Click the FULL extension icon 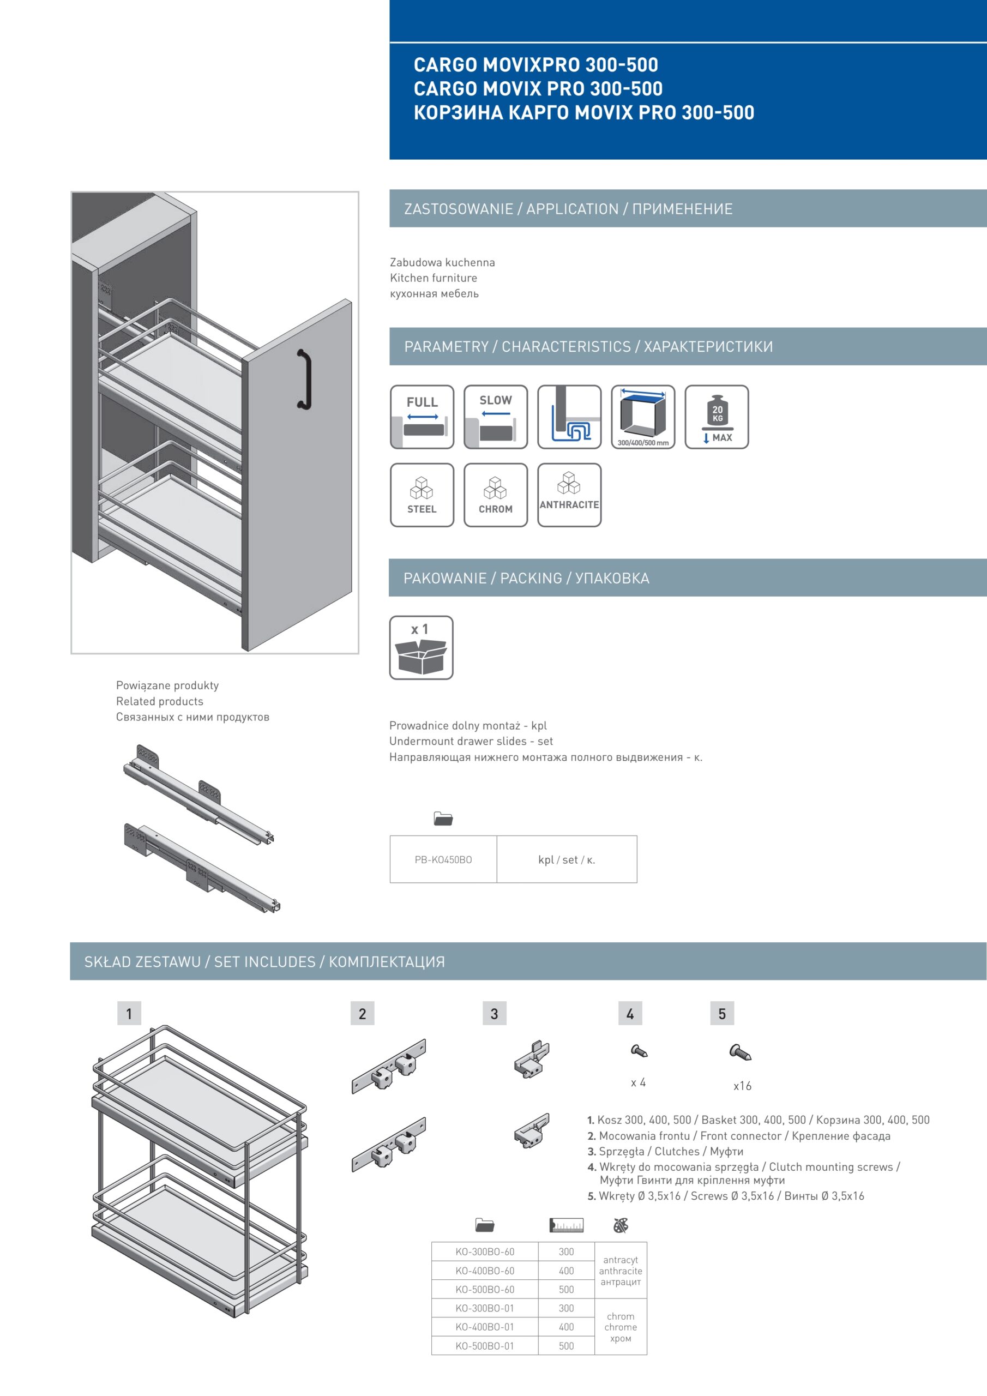click(422, 417)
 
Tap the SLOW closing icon click(495, 417)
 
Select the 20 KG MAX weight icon click(717, 417)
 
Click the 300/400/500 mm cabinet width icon click(643, 417)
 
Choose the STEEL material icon click(422, 495)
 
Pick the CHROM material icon click(495, 495)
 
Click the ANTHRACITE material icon click(569, 495)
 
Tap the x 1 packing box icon click(421, 647)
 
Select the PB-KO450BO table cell click(443, 860)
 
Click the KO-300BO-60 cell click(485, 1252)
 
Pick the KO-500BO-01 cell click(485, 1346)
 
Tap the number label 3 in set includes click(495, 1014)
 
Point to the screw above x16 click(740, 1052)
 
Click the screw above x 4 click(639, 1050)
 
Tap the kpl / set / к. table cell click(567, 860)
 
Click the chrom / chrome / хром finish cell click(621, 1327)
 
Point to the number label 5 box click(722, 1014)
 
